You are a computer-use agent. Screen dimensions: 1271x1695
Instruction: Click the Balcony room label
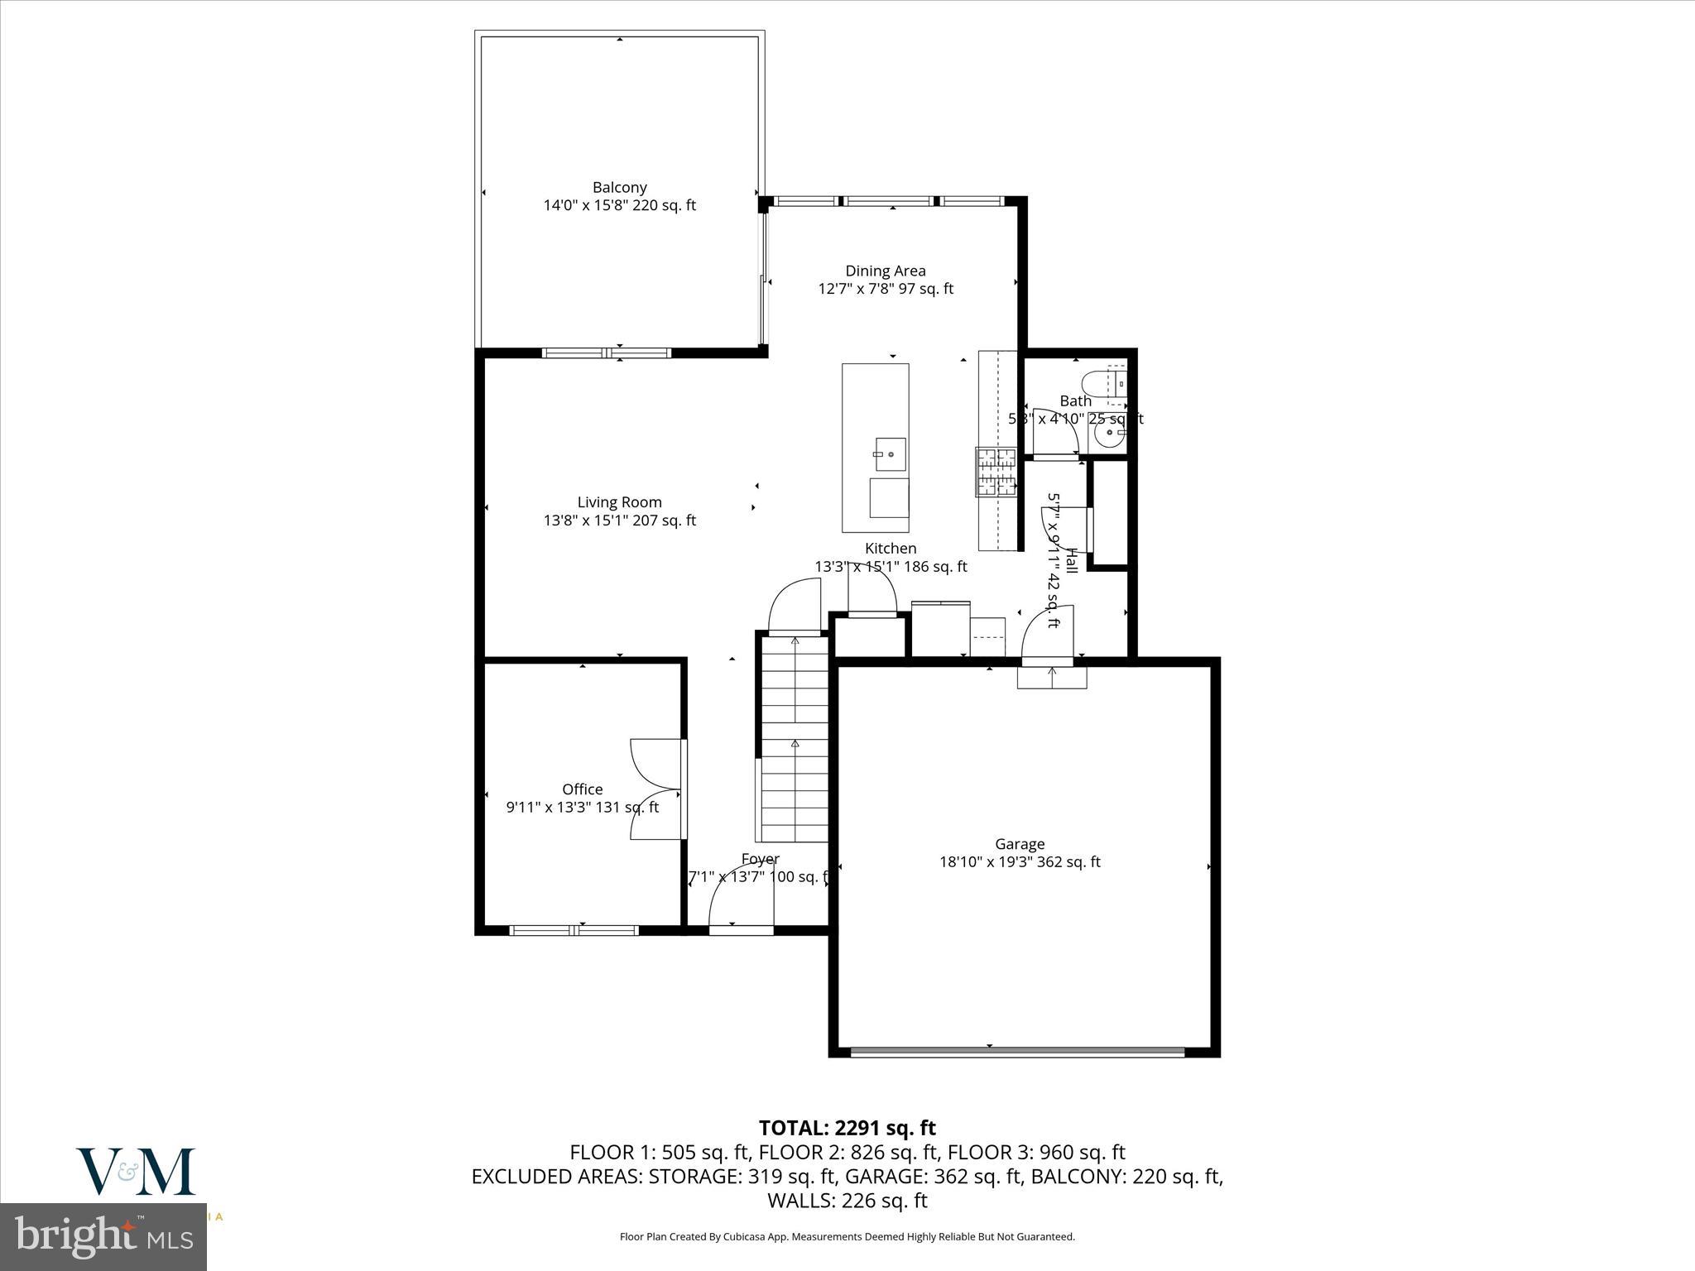(x=619, y=188)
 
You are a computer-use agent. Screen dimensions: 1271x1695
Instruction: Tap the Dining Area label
(x=885, y=271)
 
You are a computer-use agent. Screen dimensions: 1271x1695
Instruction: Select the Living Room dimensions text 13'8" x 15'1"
(x=619, y=520)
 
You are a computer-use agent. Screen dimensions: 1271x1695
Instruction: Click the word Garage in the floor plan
(x=1019, y=844)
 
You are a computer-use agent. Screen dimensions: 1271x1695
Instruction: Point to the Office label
(x=582, y=789)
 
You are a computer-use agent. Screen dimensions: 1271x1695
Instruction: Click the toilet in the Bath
(x=1104, y=383)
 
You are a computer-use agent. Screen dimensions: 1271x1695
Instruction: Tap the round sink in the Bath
(x=1107, y=434)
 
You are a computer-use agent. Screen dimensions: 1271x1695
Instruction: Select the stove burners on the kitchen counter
(x=996, y=472)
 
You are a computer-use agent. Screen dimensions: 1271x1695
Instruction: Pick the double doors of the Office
(x=658, y=789)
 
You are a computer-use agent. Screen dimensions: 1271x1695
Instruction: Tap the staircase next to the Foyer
(x=794, y=736)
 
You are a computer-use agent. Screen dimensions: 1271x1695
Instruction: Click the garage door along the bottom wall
(x=1017, y=1052)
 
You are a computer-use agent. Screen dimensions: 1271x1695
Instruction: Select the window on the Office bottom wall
(x=574, y=930)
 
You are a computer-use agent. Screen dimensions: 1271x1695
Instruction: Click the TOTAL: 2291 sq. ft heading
(x=847, y=1128)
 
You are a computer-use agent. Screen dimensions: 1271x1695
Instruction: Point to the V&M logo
(x=136, y=1171)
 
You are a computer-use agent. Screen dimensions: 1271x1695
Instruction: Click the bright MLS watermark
(x=103, y=1236)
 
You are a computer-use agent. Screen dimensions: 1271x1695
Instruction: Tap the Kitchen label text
(x=891, y=549)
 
